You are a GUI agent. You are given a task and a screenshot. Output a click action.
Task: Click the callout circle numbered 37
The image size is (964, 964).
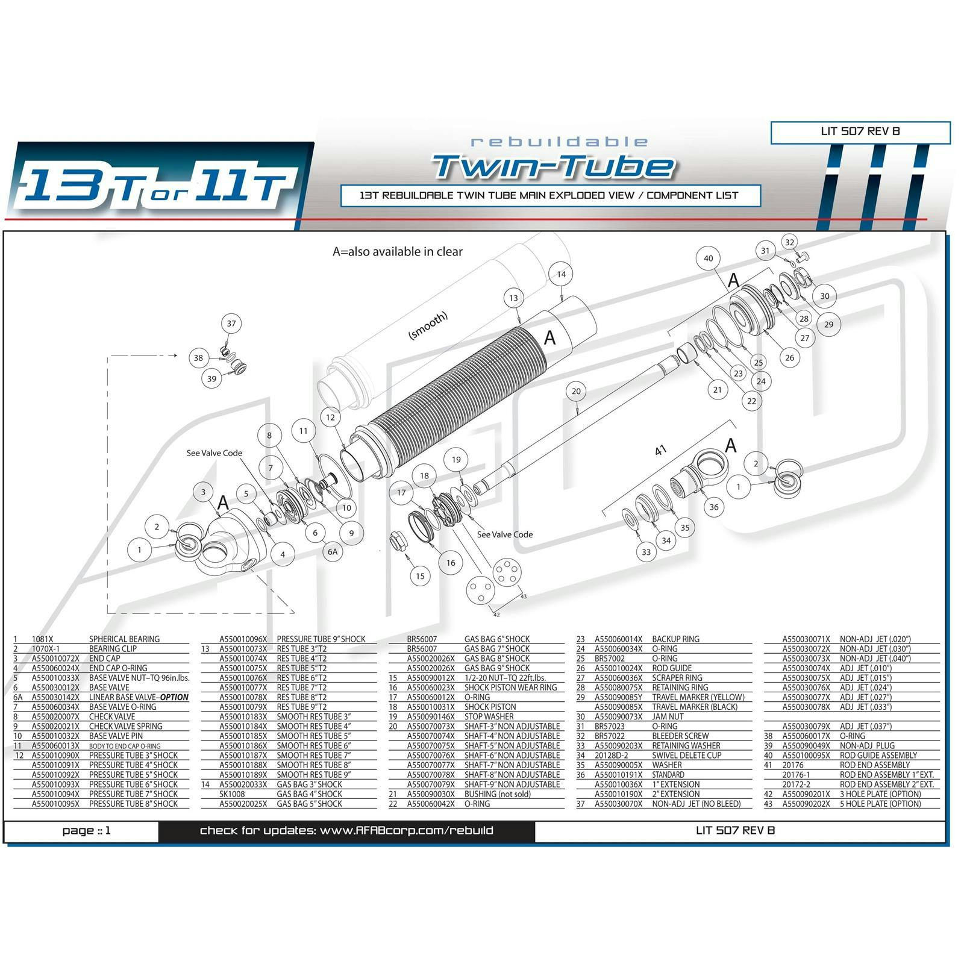point(231,324)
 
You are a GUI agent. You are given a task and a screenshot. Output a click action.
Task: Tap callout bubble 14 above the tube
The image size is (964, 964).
point(561,274)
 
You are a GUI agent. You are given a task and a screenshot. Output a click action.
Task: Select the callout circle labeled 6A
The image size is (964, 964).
point(333,551)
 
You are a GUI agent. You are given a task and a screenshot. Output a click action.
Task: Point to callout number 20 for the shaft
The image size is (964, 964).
point(576,391)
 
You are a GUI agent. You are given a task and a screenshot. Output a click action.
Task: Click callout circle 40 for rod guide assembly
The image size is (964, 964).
point(708,258)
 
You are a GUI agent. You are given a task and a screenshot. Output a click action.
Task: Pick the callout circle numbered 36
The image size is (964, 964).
point(713,507)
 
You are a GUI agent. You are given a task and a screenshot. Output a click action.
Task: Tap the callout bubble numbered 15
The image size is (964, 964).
point(420,576)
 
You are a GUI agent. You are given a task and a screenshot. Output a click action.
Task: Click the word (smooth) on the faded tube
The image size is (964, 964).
point(428,326)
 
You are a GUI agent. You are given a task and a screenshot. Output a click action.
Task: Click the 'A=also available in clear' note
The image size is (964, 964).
point(398,252)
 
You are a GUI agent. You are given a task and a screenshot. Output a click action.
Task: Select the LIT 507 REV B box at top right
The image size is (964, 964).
point(860,131)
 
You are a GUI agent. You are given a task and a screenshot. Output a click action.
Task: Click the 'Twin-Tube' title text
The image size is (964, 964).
point(553,166)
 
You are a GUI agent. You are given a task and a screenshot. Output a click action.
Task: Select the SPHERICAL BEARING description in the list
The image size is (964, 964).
point(124,639)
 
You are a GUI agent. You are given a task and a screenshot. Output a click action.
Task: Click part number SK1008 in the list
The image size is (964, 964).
point(232,794)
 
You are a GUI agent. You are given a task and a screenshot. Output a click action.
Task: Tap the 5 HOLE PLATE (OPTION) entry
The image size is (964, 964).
point(880,804)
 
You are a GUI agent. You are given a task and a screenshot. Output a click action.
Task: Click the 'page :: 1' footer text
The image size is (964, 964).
point(87,831)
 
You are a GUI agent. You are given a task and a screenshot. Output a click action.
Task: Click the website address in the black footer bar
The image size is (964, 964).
point(346,831)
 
